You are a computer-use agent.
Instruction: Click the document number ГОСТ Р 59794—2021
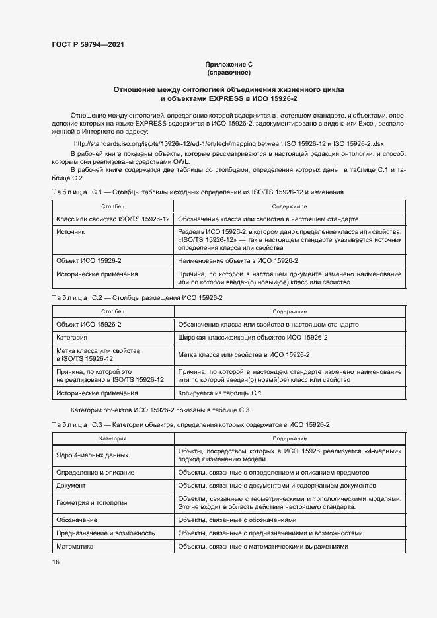tap(87, 45)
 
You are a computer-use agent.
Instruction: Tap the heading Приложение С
tap(229, 65)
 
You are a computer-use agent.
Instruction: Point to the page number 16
tap(56, 562)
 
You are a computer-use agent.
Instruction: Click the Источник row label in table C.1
tap(71, 232)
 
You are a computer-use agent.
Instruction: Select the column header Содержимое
tap(290, 207)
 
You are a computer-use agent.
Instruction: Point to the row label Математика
tap(75, 547)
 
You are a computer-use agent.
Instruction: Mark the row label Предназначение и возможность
tap(106, 533)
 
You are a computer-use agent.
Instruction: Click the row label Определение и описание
tap(95, 473)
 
